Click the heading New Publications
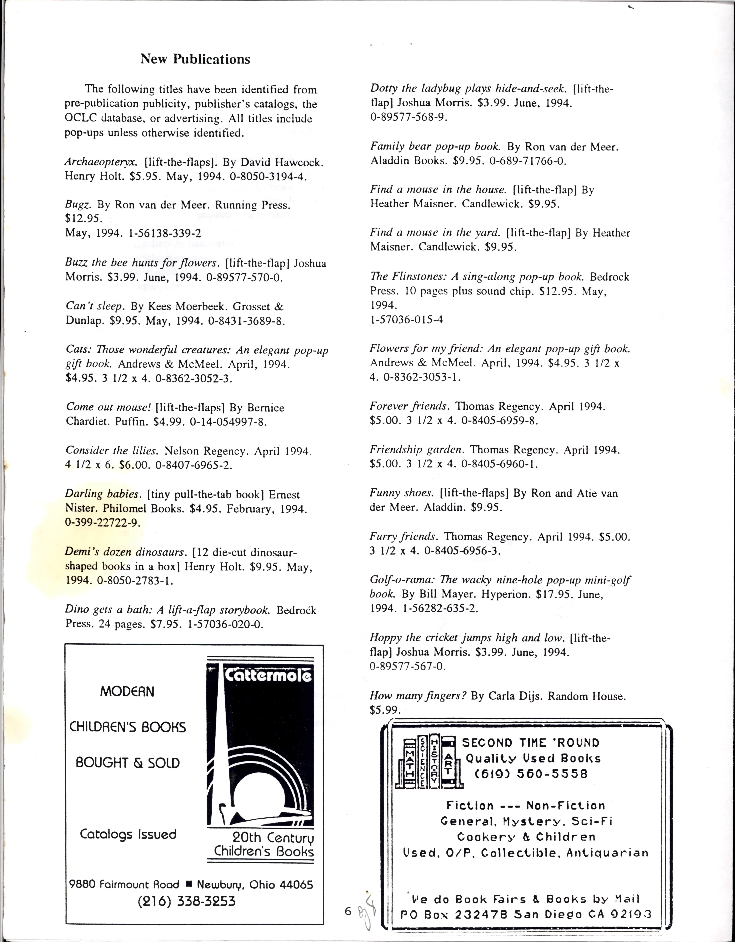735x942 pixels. pos(195,59)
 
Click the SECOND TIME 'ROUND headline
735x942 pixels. pos(531,743)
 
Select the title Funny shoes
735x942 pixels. pos(401,493)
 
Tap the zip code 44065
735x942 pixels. pos(296,885)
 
